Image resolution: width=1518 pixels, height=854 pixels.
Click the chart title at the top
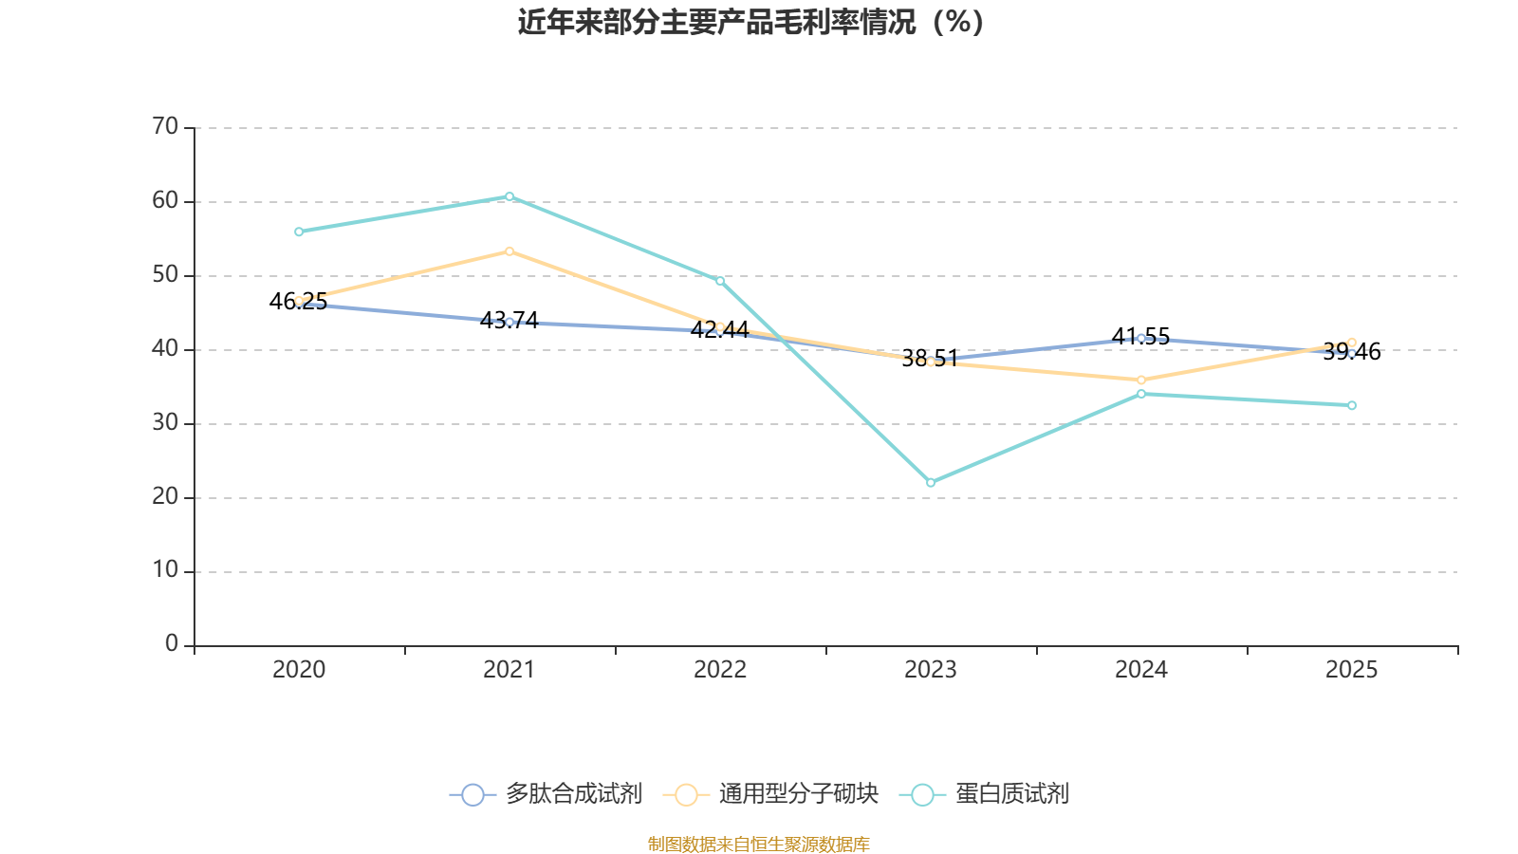click(x=750, y=22)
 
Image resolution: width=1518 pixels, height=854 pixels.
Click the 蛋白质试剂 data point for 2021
click(x=509, y=196)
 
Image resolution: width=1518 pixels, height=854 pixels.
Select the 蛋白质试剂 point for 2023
click(x=931, y=483)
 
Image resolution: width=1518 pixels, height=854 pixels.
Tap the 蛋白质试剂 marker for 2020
click(x=299, y=232)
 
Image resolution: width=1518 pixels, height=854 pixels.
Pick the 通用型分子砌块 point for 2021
click(x=509, y=251)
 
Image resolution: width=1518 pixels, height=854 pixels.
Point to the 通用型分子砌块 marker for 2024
click(x=1141, y=381)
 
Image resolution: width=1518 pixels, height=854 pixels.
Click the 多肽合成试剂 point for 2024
click(x=1141, y=338)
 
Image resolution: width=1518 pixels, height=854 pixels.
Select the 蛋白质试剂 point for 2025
click(x=1352, y=405)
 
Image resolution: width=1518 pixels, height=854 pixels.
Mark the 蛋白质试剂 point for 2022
click(x=720, y=281)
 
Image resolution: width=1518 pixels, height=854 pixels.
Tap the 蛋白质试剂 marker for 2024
click(x=1141, y=394)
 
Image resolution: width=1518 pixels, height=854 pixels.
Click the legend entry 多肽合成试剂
click(x=546, y=794)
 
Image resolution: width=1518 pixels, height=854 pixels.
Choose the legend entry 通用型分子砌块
click(x=771, y=794)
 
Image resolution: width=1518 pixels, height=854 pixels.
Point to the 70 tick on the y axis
click(x=166, y=127)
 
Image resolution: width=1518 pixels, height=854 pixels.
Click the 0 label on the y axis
click(x=172, y=644)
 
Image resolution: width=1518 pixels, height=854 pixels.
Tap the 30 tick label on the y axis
click(x=166, y=423)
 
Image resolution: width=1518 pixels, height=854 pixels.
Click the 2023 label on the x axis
click(x=931, y=670)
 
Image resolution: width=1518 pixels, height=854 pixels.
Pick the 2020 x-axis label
click(x=299, y=670)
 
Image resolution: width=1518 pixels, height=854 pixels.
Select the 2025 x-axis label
click(x=1352, y=670)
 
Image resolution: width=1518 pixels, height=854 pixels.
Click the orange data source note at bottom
click(x=759, y=844)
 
